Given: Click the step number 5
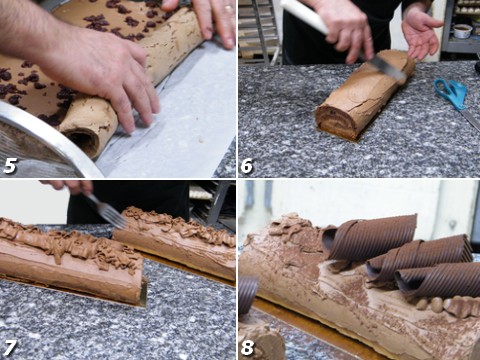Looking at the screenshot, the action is click(10, 166).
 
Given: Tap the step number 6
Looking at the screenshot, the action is click(247, 166).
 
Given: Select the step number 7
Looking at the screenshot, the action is click(9, 347).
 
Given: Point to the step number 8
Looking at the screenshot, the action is click(247, 347).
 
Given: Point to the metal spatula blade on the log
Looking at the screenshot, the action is click(387, 68).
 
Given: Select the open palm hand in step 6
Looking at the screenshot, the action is click(421, 32).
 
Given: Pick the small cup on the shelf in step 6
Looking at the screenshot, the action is click(463, 31).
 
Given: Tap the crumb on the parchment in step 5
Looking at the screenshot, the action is click(201, 140).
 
